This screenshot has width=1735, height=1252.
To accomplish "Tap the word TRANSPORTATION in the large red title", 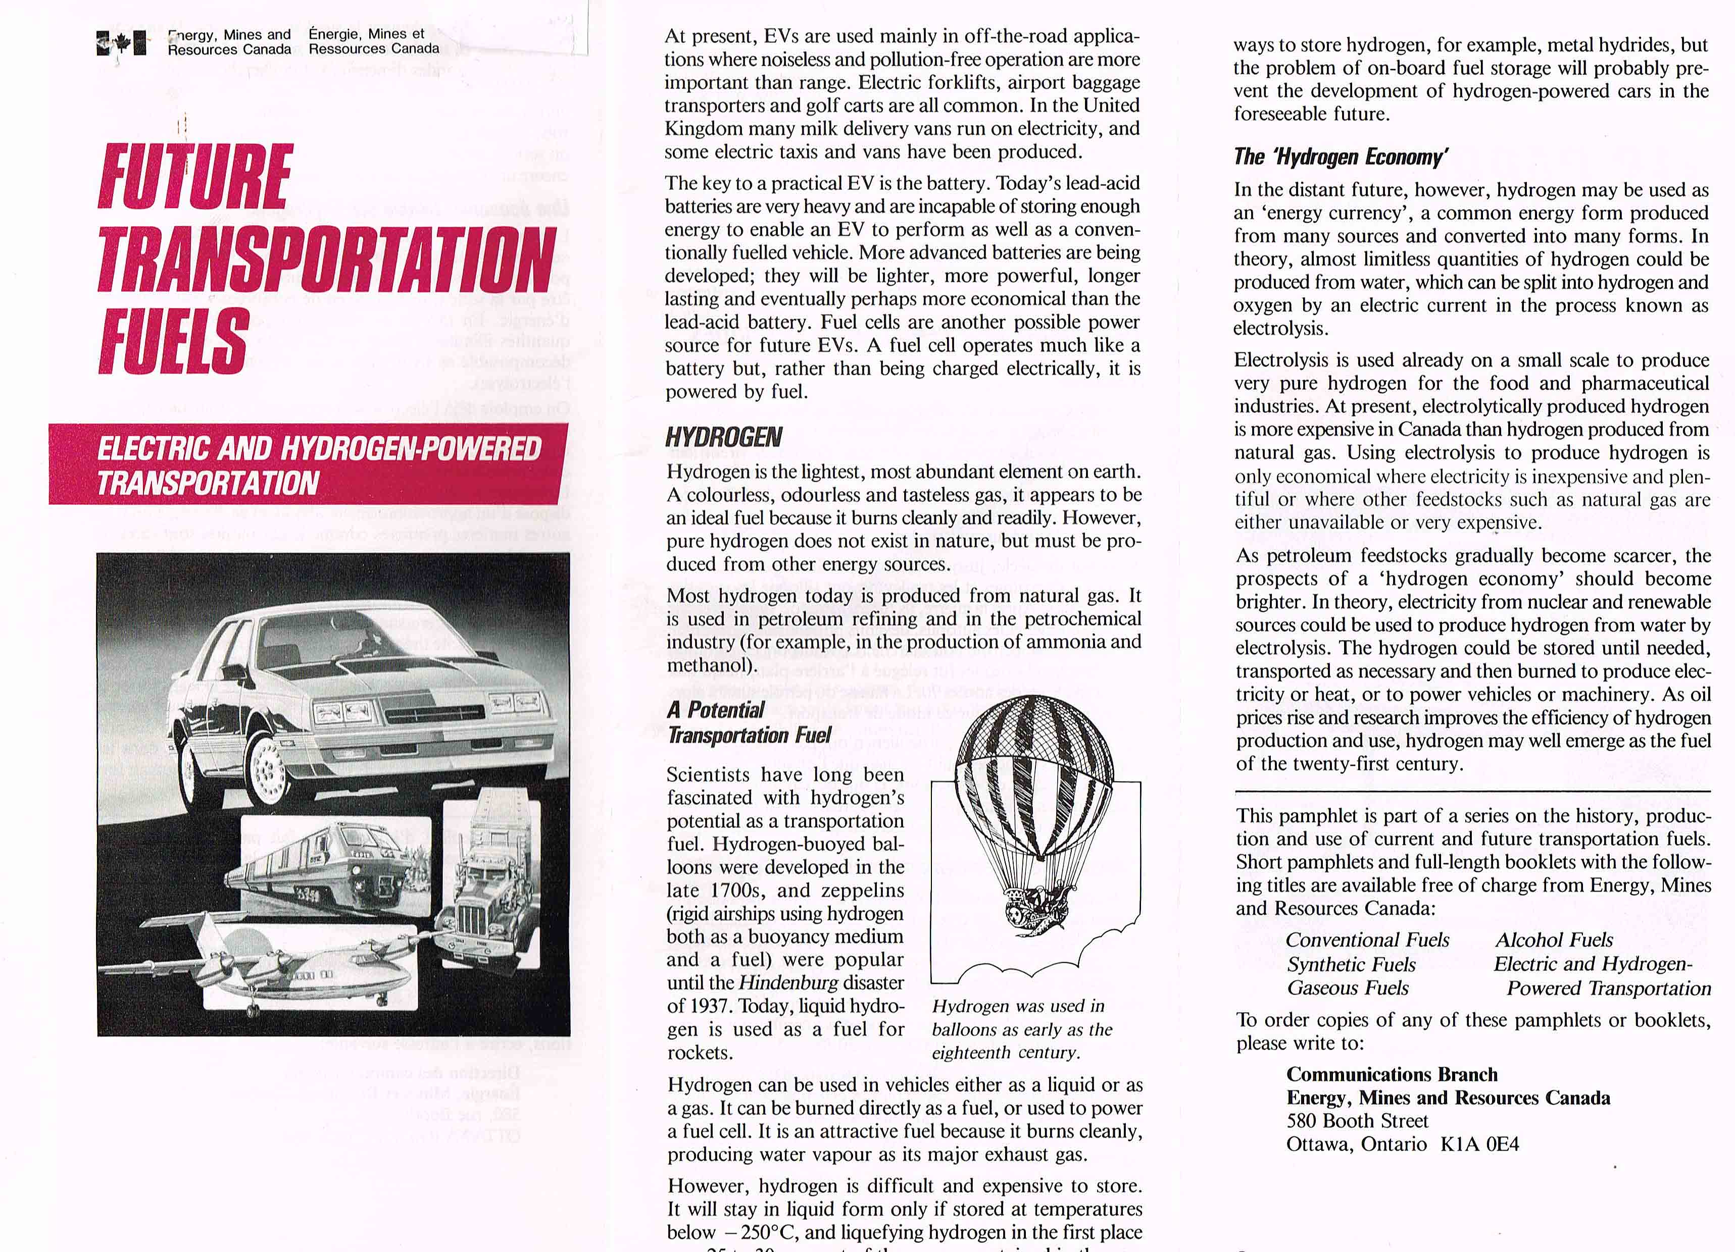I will coord(326,258).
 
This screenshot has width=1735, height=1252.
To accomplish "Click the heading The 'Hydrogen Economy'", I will coord(1340,157).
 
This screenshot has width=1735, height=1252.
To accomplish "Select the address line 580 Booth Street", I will coord(1357,1121).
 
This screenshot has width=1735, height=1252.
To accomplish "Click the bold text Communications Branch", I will coord(1392,1075).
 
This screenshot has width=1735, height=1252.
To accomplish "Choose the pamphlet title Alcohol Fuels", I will coord(1554,940).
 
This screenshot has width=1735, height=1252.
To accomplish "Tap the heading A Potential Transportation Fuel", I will coord(748,722).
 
